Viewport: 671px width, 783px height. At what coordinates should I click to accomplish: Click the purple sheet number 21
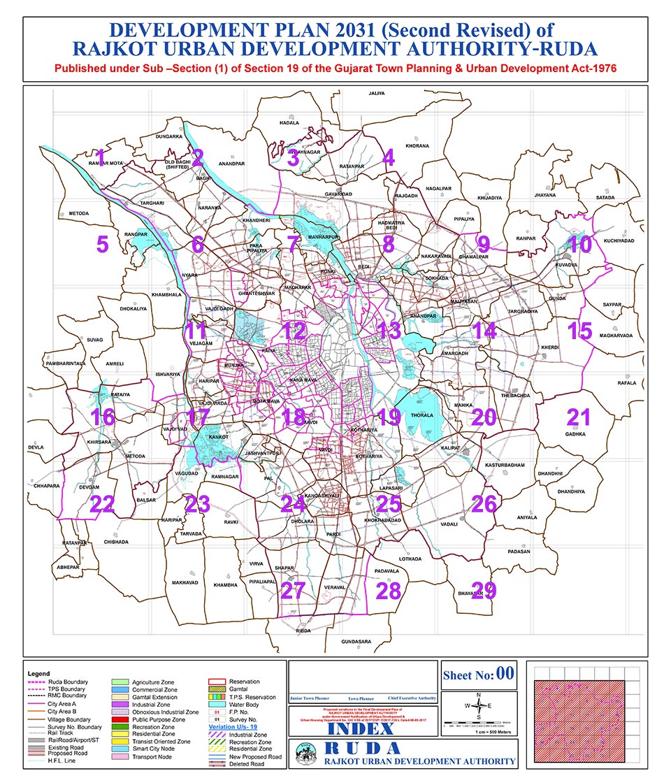coord(579,417)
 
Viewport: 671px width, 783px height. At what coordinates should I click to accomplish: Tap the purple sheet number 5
coord(103,245)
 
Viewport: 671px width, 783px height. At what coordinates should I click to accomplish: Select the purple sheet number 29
coord(484,591)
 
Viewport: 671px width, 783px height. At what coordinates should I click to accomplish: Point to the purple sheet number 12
coord(294,330)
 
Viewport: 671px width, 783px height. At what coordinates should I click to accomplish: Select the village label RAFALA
coord(627,382)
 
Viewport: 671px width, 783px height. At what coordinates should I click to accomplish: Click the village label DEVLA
coord(36,447)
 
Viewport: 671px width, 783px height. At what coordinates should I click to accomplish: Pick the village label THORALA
coord(421,415)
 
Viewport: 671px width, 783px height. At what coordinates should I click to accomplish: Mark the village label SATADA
coord(605,198)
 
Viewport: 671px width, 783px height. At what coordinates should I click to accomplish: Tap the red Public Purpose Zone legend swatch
coord(122,719)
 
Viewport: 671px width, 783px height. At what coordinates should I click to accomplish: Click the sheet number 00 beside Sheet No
coord(505,674)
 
